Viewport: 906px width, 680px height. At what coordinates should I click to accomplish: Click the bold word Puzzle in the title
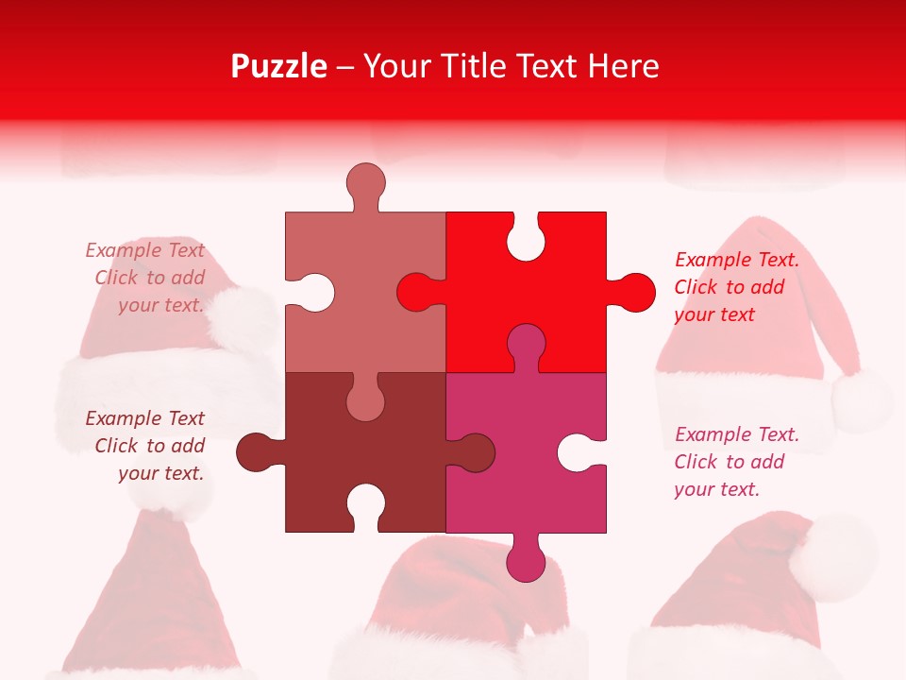[279, 66]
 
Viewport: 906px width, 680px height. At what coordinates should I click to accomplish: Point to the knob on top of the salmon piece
[365, 183]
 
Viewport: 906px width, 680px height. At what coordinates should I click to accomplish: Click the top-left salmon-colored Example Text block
[147, 278]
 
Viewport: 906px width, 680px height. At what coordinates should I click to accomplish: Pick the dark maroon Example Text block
[147, 446]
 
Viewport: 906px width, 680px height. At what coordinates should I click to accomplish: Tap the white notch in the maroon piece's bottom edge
[365, 508]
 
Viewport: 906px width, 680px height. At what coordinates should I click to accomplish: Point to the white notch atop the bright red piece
[526, 237]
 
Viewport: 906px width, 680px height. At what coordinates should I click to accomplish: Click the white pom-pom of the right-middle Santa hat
[862, 398]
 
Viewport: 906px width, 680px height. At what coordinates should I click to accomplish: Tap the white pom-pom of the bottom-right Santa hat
[832, 557]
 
